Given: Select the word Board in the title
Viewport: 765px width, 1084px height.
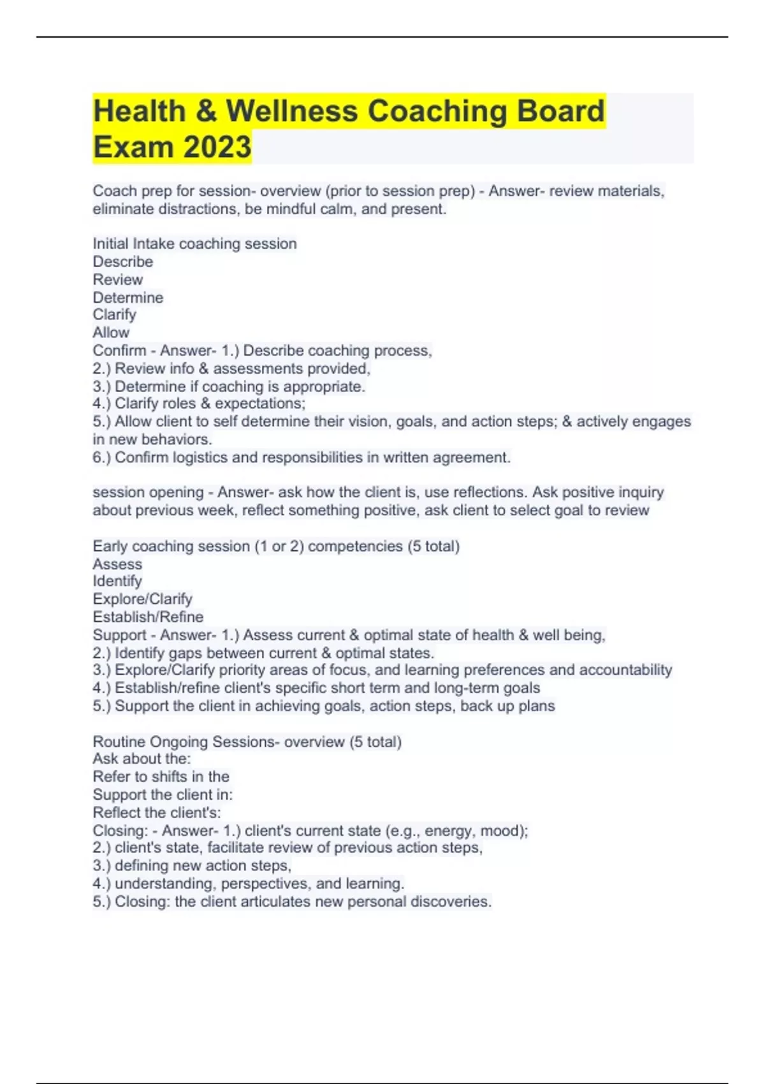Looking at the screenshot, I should point(560,111).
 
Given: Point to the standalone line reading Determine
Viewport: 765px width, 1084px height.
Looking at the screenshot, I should point(127,297).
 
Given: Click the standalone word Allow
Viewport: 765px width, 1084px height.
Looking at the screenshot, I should point(111,332).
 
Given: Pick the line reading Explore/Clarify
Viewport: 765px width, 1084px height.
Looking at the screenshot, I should point(142,599).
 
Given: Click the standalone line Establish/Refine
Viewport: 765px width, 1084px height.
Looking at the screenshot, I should point(148,617).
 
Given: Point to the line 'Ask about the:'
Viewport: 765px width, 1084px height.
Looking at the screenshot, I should point(142,758).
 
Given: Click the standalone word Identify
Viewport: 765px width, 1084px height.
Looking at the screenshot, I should point(117,581).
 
